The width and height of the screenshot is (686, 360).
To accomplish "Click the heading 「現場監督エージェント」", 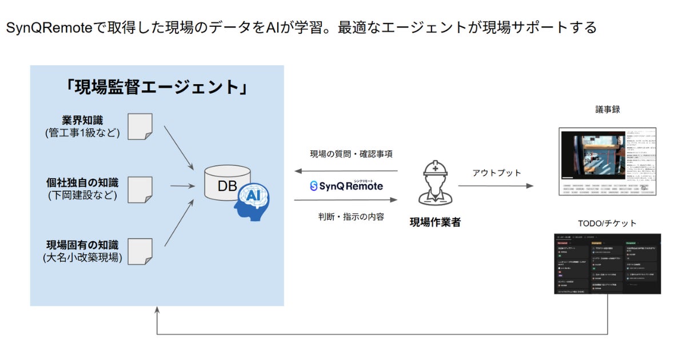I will tap(156, 87).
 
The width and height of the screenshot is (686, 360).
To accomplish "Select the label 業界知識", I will tap(83, 121).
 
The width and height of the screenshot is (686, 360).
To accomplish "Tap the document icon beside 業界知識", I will tap(139, 126).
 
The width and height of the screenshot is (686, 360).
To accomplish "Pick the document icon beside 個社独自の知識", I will tap(139, 190).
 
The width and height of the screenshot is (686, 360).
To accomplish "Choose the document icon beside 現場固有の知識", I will tap(139, 252).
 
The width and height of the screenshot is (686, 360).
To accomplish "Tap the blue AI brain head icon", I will tap(252, 201).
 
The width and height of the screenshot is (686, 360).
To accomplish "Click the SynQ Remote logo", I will tap(346, 186).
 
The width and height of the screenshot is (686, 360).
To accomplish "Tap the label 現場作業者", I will tap(435, 222).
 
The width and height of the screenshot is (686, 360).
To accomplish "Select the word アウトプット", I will tap(497, 172).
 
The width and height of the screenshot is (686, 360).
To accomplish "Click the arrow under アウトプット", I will tap(496, 186).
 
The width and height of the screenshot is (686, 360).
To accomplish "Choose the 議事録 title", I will tap(607, 109).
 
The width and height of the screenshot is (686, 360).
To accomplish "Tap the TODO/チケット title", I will tap(607, 223).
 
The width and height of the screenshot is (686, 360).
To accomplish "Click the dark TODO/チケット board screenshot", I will tap(607, 263).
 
